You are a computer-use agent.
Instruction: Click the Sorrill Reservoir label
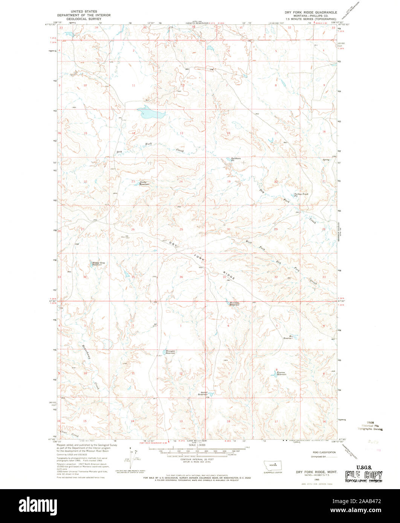pyautogui.click(x=203, y=394)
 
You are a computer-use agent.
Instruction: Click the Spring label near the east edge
pyautogui.click(x=326, y=160)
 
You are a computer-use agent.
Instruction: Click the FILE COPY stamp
pyautogui.click(x=364, y=475)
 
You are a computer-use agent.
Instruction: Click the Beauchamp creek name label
pyautogui.click(x=86, y=352)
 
